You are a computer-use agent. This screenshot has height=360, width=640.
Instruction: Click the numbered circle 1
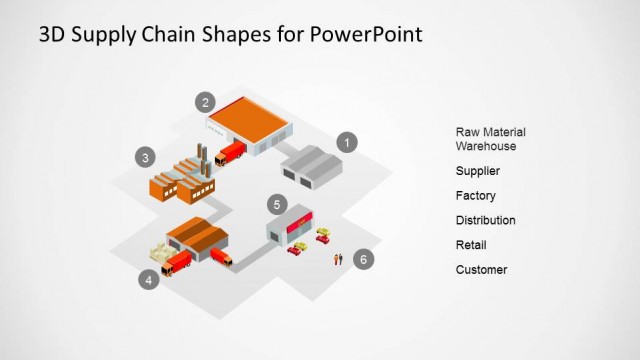pyautogui.click(x=346, y=142)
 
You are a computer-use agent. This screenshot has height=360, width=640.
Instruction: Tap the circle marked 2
pyautogui.click(x=205, y=101)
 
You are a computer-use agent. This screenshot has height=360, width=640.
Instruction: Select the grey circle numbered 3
pyautogui.click(x=145, y=157)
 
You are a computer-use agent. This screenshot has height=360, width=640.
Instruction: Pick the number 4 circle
pyautogui.click(x=149, y=280)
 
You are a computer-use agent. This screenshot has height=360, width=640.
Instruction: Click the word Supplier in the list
pyautogui.click(x=477, y=171)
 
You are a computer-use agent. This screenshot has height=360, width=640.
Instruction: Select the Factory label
pyautogui.click(x=475, y=196)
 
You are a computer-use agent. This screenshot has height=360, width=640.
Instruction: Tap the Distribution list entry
pyautogui.click(x=485, y=220)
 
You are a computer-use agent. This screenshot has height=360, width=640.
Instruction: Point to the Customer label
pyautogui.click(x=481, y=270)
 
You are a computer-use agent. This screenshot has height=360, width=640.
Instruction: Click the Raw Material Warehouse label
pyautogui.click(x=490, y=139)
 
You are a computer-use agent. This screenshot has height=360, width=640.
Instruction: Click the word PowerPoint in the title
pyautogui.click(x=366, y=34)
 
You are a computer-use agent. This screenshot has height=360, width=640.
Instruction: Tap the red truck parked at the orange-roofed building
pyautogui.click(x=230, y=152)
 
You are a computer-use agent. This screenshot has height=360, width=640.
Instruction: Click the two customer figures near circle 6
pyautogui.click(x=338, y=259)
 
